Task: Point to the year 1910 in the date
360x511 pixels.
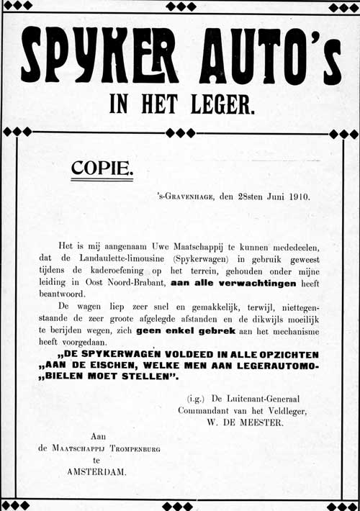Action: point(296,196)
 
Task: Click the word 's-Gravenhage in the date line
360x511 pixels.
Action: point(185,196)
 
